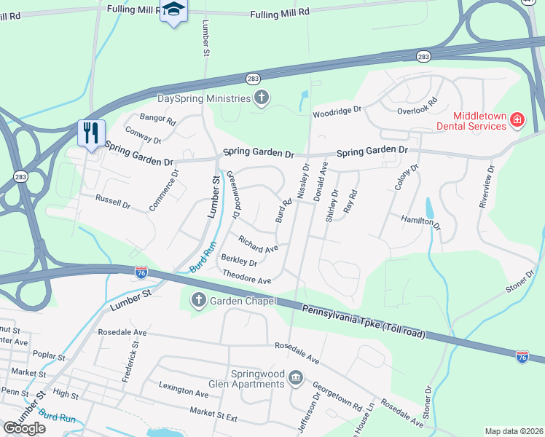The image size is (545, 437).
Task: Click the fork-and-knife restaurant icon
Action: coord(91,133)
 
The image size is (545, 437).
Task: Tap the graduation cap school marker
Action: coord(173,10)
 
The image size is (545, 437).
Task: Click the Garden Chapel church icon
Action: coord(198,300)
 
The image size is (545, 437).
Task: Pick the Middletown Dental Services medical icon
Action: coord(517,119)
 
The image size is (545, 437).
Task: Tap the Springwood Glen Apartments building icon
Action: coord(297,377)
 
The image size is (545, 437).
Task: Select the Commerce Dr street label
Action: coord(164,191)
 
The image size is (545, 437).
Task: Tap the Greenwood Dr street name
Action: coord(233,195)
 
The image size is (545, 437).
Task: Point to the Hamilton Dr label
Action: coord(420,222)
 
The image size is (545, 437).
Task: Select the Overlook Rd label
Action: coord(417,107)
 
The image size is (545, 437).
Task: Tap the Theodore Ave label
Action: coord(247,277)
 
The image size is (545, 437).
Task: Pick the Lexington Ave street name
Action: coord(184,393)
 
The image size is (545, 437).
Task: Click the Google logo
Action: coord(24,428)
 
